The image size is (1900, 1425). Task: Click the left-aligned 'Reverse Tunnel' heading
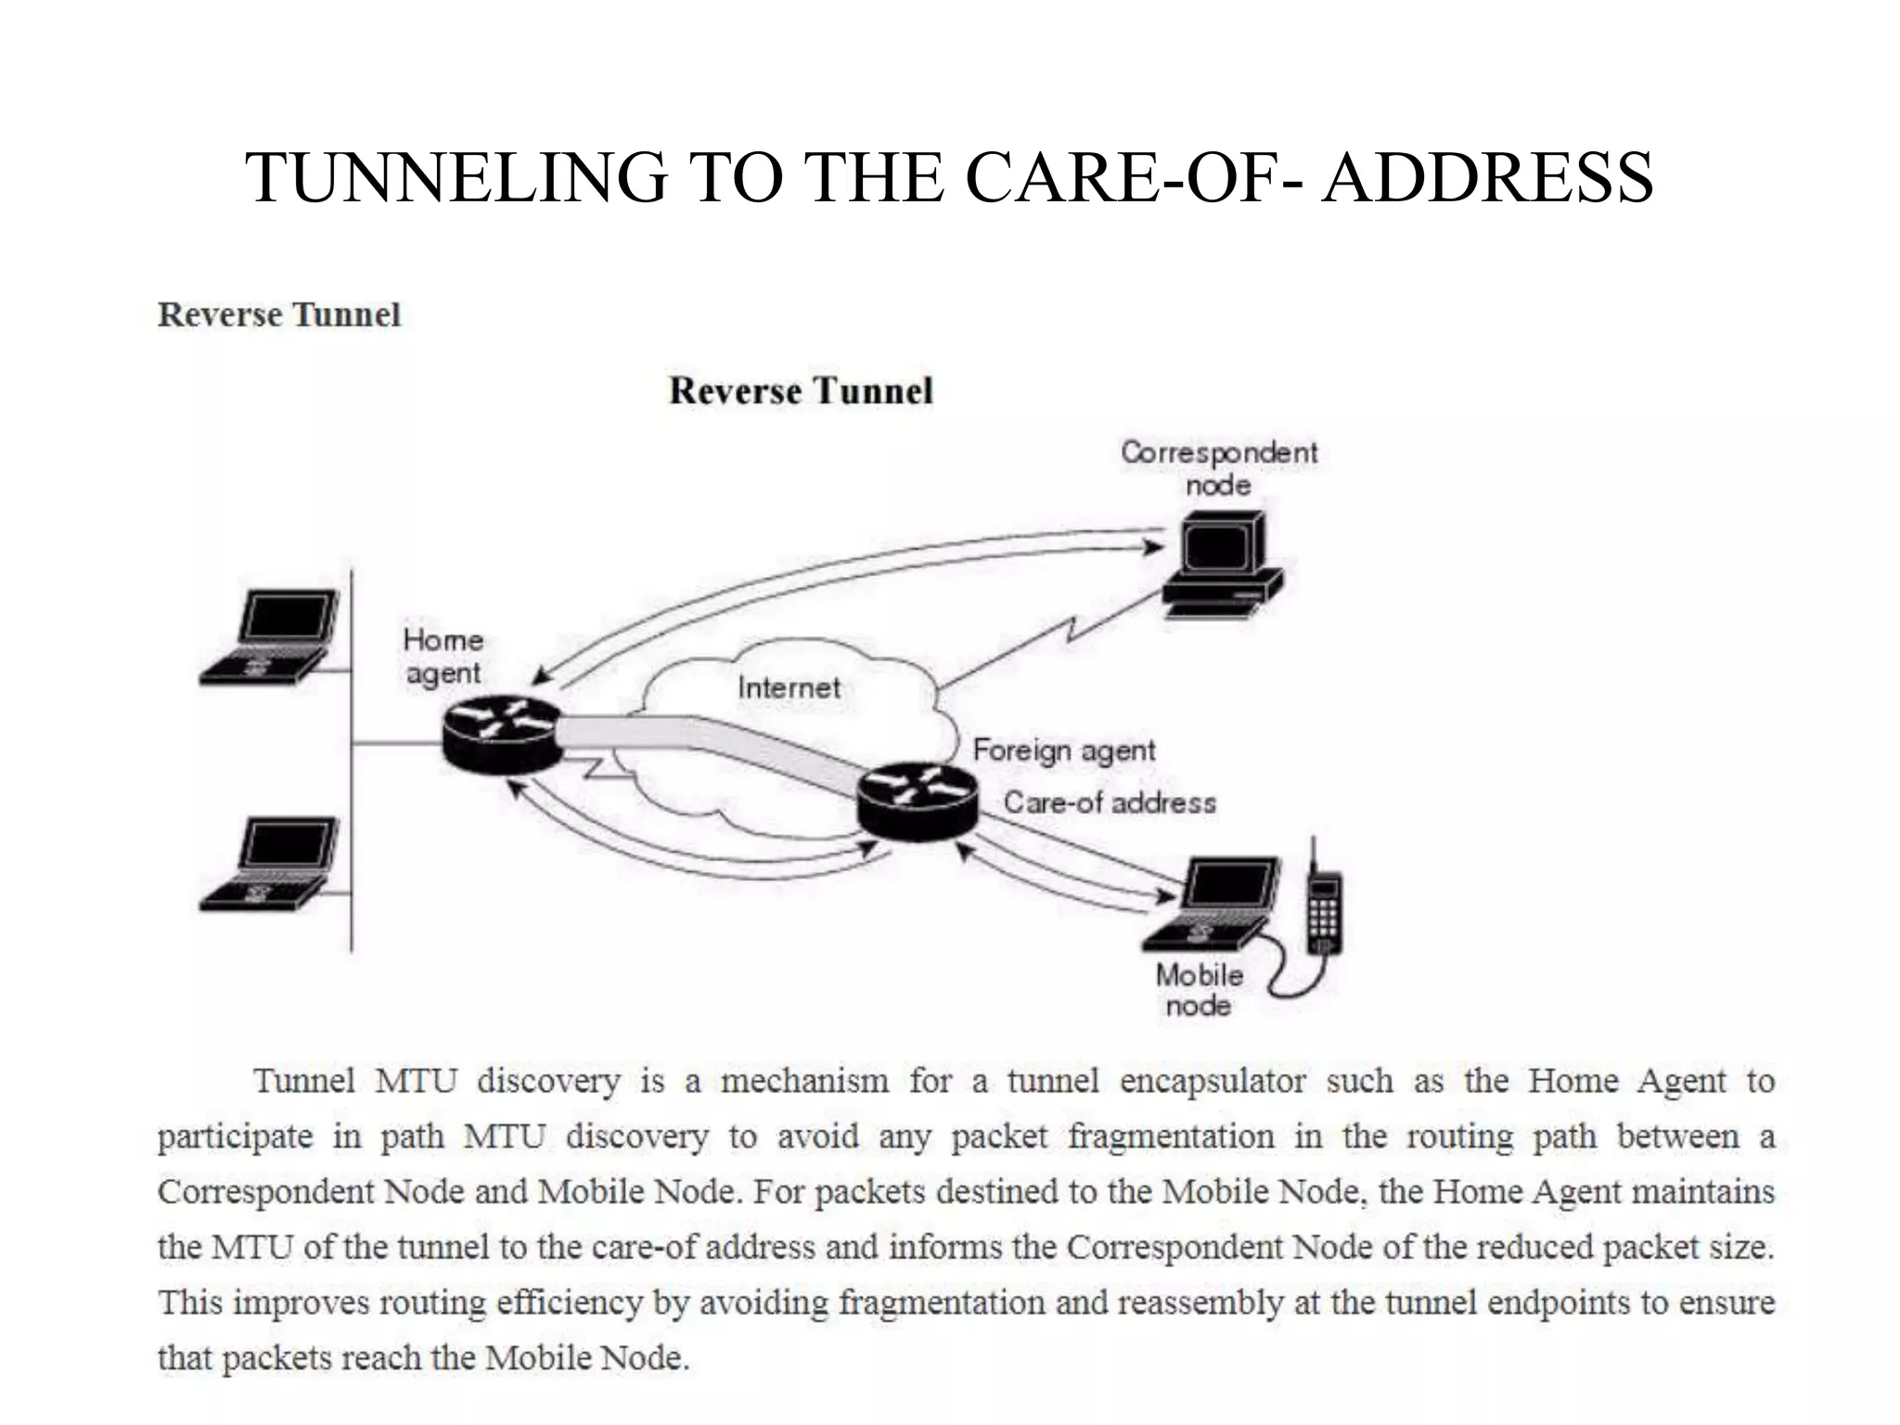(279, 315)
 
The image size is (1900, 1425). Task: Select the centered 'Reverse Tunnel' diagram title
(801, 391)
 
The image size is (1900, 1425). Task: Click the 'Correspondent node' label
(1218, 469)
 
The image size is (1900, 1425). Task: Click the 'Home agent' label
(443, 656)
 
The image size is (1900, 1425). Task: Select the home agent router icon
(502, 735)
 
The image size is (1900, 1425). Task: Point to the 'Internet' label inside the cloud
(789, 687)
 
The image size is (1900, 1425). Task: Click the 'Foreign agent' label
(1063, 750)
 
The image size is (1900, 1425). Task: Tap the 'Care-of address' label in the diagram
(1110, 802)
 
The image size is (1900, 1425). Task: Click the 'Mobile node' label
(1199, 990)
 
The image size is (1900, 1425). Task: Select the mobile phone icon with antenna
(1323, 909)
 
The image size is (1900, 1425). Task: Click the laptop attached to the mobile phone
(1212, 904)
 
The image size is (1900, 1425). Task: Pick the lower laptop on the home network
(269, 863)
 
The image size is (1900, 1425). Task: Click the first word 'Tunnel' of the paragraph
(304, 1081)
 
